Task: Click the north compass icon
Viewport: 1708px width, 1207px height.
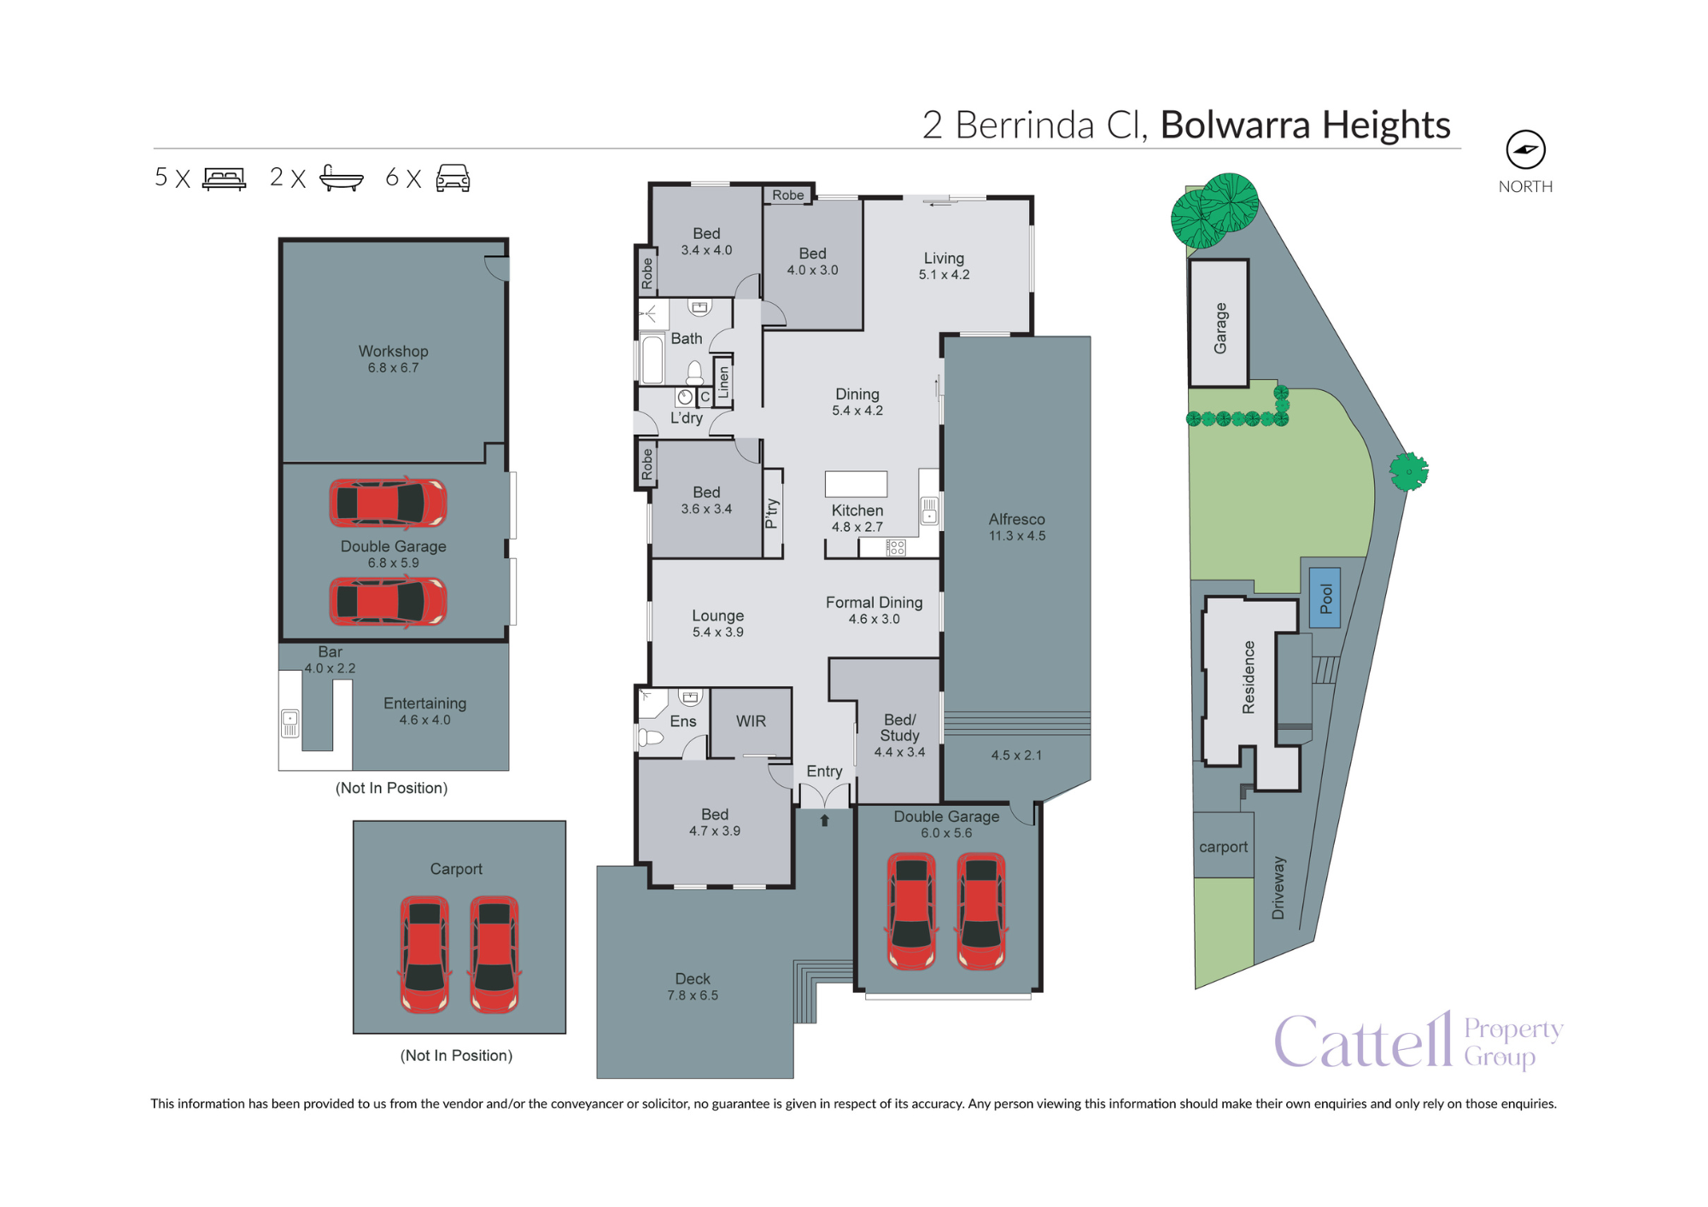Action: click(x=1525, y=149)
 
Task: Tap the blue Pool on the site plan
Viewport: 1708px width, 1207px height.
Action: click(x=1325, y=598)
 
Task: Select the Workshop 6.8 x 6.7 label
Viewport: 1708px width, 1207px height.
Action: click(x=393, y=359)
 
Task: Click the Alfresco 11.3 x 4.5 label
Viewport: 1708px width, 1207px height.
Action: click(x=1016, y=527)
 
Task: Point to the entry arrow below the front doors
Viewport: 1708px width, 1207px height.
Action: click(x=824, y=820)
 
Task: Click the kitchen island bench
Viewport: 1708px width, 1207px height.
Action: click(x=856, y=484)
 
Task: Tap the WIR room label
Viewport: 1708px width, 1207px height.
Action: click(x=751, y=721)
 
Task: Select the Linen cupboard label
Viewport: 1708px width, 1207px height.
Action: click(x=723, y=382)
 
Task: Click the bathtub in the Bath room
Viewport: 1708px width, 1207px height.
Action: click(x=652, y=359)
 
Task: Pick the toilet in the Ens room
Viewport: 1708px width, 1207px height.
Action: click(x=651, y=737)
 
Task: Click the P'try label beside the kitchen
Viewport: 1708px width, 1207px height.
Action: click(x=772, y=513)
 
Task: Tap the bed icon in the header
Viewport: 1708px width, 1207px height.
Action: click(x=224, y=178)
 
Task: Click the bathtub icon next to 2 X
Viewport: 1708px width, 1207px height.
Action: click(x=341, y=178)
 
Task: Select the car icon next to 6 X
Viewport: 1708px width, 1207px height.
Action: click(x=453, y=178)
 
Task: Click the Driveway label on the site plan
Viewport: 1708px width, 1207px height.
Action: click(x=1278, y=888)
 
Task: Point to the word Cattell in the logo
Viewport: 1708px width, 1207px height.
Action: click(x=1362, y=1042)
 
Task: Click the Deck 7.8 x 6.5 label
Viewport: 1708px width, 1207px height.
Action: click(x=693, y=986)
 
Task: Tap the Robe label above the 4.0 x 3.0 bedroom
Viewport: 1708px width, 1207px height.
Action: click(x=787, y=195)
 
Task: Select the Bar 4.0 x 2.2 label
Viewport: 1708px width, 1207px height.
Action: click(x=330, y=659)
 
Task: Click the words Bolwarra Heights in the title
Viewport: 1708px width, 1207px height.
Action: click(x=1305, y=125)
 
